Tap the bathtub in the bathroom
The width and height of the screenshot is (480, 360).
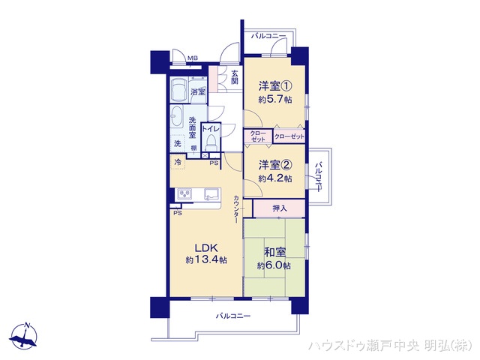[x=178, y=91]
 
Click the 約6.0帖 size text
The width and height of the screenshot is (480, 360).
[x=275, y=266]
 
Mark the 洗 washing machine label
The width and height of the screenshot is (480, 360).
[x=177, y=144]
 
